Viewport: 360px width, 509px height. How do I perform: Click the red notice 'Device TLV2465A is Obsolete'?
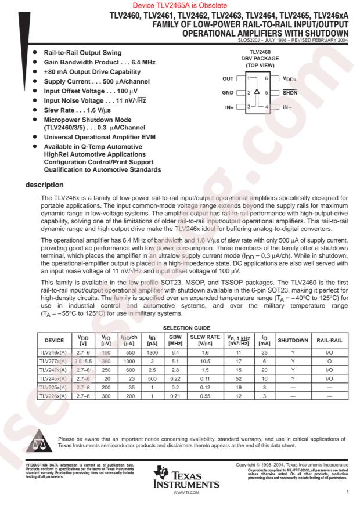pyautogui.click(x=180, y=5)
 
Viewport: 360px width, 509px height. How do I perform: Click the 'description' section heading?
pyautogui.click(x=41, y=186)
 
